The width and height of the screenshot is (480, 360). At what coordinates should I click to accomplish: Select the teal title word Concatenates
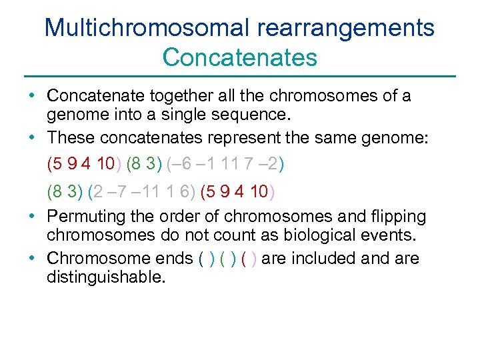click(239, 57)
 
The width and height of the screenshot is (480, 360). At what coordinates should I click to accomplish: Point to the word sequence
click(257, 115)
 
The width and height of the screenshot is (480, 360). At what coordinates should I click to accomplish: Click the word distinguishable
click(105, 276)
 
